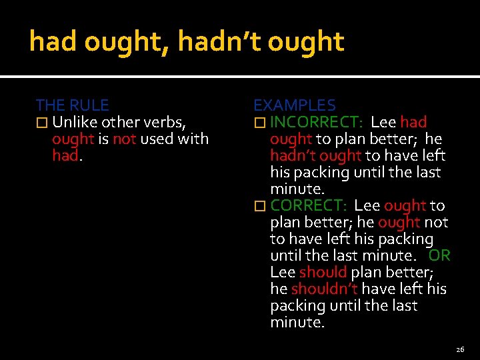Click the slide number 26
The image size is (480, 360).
460,349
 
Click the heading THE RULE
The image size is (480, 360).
72,105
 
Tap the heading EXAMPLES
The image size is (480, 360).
294,105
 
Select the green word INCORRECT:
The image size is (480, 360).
317,122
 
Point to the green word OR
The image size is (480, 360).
439,255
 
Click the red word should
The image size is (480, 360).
323,272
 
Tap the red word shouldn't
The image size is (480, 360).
325,289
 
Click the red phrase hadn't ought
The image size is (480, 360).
316,155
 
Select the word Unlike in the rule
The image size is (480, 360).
76,122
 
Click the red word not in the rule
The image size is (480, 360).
124,139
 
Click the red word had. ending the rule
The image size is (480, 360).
66,155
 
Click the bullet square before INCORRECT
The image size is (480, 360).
259,123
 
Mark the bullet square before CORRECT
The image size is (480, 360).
259,206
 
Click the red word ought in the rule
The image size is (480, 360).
73,139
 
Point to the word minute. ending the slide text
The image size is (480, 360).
297,322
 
